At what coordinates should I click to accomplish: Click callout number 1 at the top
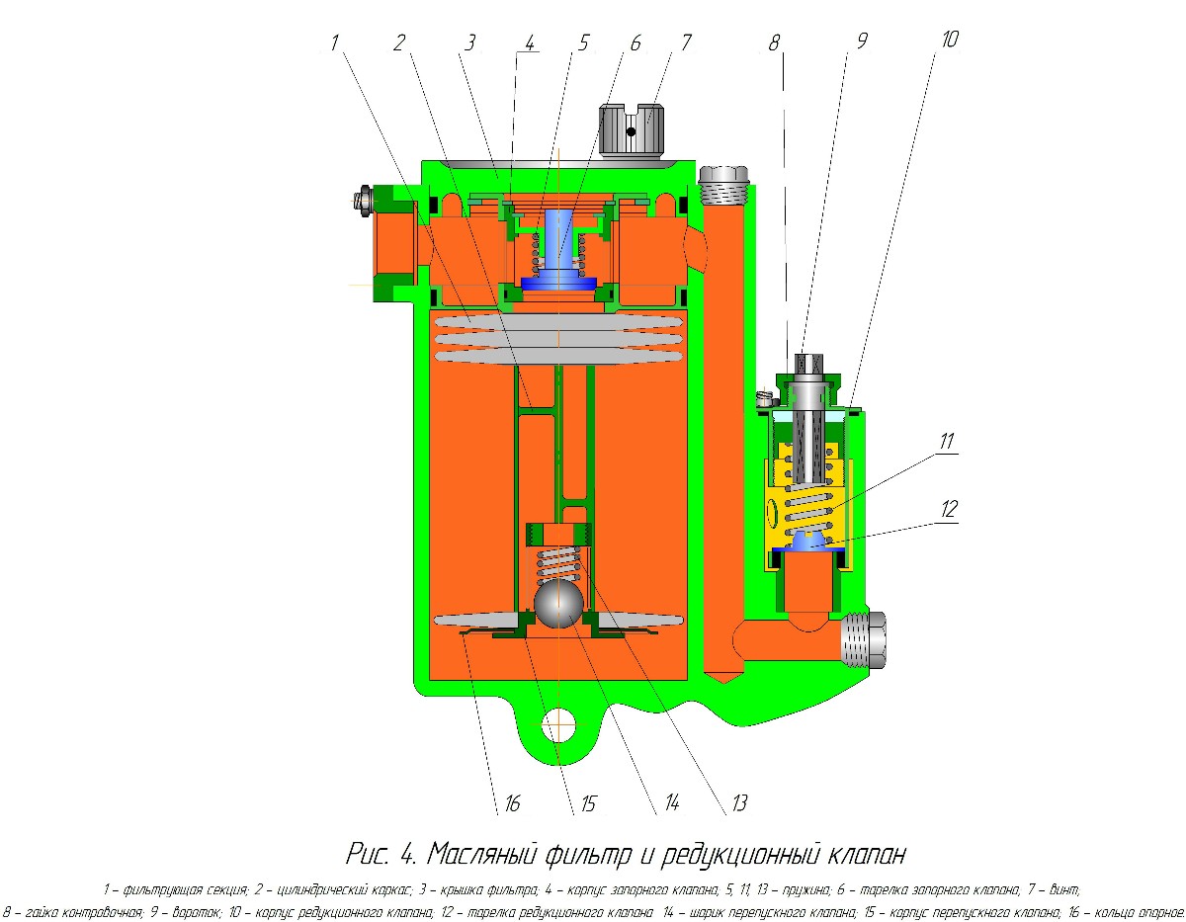click(335, 42)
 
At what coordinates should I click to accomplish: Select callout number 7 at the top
click(685, 42)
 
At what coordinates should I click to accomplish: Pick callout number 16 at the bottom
click(510, 802)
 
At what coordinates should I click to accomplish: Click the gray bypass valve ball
click(558, 602)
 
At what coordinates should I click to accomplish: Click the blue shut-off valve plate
click(559, 283)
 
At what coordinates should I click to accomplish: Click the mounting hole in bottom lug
click(558, 723)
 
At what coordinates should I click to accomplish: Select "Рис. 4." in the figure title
click(382, 852)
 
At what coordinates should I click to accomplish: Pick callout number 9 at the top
click(861, 42)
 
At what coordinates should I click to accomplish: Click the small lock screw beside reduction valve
click(763, 398)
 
